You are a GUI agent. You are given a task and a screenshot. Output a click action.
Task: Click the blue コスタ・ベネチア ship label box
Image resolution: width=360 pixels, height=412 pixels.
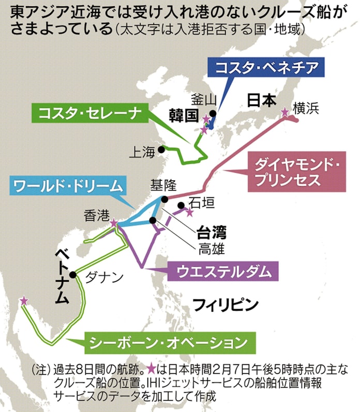point(266,67)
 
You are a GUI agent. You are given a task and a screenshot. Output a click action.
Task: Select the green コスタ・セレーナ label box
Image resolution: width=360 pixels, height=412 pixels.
point(90,113)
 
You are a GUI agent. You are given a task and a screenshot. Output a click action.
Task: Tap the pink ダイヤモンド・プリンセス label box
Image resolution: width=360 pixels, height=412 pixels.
point(297,172)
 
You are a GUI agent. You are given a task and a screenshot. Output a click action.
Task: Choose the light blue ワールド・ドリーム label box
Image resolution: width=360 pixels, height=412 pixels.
point(68,186)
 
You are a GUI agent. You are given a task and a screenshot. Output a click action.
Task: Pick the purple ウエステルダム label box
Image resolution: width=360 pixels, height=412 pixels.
point(223,271)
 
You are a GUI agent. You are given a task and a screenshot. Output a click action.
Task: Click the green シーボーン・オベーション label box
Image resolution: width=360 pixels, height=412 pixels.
point(170,343)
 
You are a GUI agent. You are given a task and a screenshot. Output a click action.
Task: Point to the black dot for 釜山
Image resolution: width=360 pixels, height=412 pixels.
point(213,114)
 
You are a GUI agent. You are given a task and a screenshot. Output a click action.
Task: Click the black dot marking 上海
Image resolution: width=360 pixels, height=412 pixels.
point(161,150)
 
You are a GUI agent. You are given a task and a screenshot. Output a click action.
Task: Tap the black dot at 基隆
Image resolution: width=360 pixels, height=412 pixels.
point(164,200)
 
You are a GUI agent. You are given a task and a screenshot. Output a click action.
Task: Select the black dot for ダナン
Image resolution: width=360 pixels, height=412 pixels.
point(73,275)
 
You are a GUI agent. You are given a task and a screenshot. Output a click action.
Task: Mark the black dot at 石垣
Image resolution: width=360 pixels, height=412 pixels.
point(181,205)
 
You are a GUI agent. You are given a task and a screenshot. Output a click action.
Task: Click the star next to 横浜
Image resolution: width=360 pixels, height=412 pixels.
point(284,112)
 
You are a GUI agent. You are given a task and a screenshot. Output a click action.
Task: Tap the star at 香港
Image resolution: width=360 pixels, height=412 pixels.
point(114,223)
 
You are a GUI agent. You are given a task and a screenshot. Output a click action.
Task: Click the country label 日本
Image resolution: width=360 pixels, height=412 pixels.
point(262,100)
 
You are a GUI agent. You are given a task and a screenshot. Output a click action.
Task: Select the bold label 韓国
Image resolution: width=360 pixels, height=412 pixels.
point(184,116)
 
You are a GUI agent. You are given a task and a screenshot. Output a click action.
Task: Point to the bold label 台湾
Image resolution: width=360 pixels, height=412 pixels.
point(212,232)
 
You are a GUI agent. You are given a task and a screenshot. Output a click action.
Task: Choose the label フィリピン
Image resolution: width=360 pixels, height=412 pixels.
point(226,305)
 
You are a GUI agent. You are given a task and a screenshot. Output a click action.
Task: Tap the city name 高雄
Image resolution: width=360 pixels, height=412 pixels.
point(212,249)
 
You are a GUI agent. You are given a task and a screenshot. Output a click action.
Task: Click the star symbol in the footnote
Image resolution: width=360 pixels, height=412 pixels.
point(151,369)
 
